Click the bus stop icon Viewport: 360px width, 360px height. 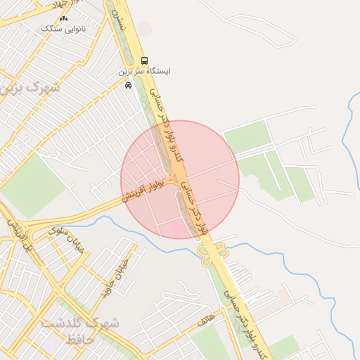pos(145,60)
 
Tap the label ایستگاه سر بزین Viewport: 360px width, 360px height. pos(143,72)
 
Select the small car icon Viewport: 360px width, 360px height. pos(128,85)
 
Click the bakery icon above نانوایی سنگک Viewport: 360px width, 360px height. pos(64,18)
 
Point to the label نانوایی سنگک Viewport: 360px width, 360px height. pos(64,29)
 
